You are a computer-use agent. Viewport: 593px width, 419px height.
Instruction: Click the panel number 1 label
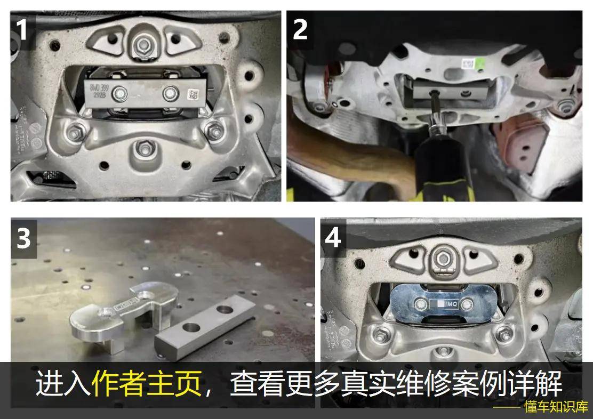coord(22,30)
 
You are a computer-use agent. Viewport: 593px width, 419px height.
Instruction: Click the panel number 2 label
coord(301,29)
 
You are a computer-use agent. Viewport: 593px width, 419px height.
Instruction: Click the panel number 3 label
coord(24,239)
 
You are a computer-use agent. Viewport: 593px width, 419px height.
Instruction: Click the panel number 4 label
coord(333,238)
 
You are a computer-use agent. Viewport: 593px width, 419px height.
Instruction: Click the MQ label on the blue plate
coord(449,303)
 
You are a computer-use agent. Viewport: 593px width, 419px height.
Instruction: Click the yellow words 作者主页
coord(147,383)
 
